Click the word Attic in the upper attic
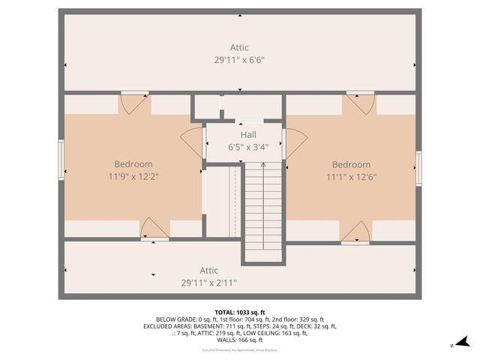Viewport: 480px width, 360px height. (239, 47)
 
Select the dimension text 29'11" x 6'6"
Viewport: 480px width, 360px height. (239, 59)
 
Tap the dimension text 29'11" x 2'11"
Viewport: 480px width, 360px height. (208, 283)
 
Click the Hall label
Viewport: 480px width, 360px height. (248, 134)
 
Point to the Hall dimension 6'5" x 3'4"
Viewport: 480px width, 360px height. (248, 147)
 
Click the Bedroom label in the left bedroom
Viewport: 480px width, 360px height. (133, 164)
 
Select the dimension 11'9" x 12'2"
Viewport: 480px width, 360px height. (133, 177)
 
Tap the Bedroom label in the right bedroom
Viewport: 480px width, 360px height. (351, 164)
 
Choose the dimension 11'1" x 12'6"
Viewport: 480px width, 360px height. (351, 177)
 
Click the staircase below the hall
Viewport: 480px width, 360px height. (262, 210)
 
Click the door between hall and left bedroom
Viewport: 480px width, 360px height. (193, 142)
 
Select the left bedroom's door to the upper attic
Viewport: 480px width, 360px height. (135, 101)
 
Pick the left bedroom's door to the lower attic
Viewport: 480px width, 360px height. (154, 229)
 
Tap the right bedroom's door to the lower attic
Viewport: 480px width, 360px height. (355, 232)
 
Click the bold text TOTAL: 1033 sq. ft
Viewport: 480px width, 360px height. (239, 312)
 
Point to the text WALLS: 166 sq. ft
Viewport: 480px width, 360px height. (239, 340)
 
